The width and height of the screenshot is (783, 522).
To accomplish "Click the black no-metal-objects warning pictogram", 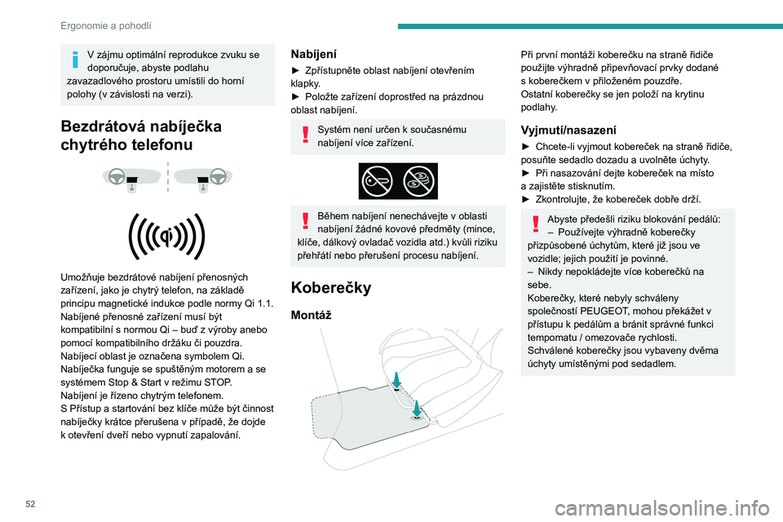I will click(398, 181).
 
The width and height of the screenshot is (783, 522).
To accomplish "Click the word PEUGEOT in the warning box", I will click(607, 311).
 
